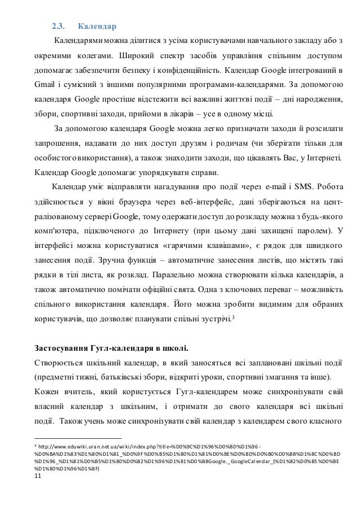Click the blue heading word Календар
pos(96,26)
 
